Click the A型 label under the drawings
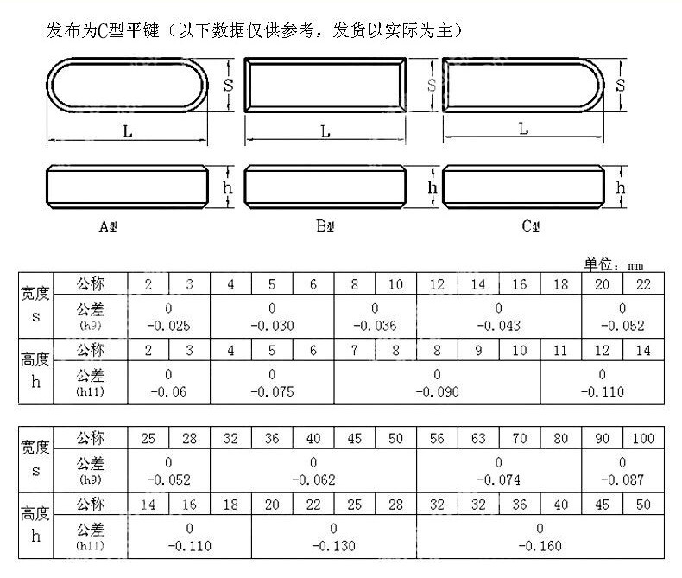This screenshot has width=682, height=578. [108, 227]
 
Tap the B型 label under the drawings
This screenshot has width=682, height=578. [325, 227]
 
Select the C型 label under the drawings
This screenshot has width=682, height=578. [530, 227]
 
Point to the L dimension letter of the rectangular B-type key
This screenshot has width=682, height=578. [325, 131]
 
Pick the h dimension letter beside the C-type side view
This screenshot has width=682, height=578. [621, 187]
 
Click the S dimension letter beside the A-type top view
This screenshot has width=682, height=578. [229, 85]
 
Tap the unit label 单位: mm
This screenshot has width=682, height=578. [613, 265]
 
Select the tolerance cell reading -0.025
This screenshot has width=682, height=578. [168, 317]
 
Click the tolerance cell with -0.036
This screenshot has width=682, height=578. [375, 317]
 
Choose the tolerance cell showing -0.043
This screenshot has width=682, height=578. [499, 317]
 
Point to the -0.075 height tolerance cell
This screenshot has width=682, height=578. [272, 383]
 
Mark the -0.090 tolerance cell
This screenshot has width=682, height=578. [437, 383]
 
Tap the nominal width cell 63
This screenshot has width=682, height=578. [477, 438]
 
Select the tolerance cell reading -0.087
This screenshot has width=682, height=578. [622, 471]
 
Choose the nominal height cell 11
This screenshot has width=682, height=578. [560, 350]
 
